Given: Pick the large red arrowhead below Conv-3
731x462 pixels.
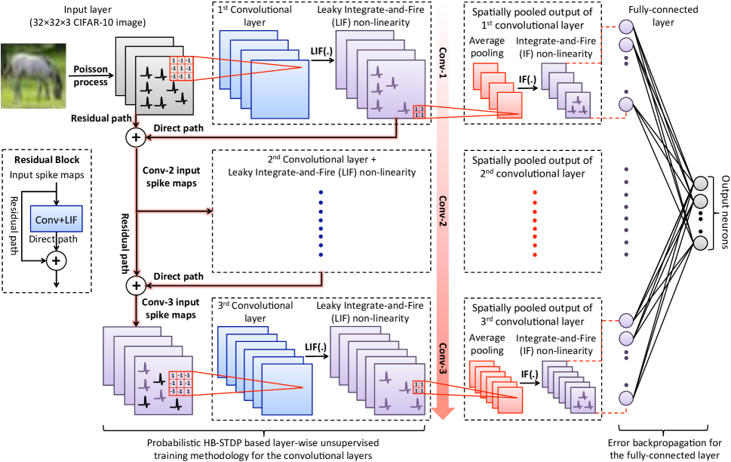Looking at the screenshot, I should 443,411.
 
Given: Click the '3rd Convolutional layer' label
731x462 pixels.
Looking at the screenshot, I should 244,312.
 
